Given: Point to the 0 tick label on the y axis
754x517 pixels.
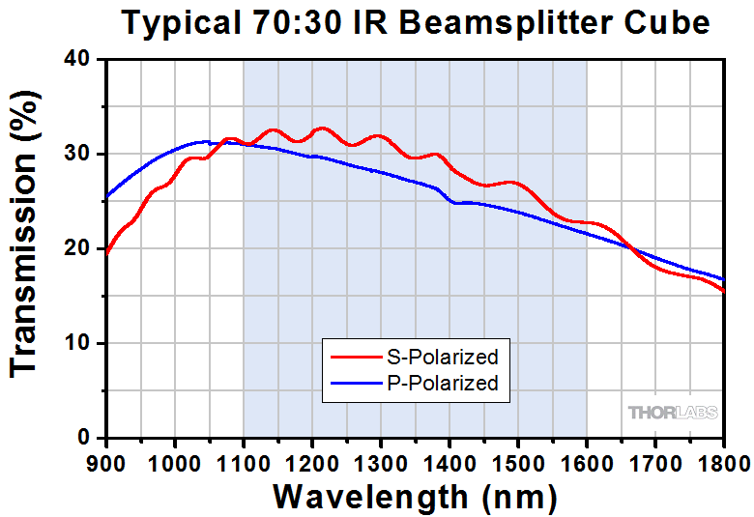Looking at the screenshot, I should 84,439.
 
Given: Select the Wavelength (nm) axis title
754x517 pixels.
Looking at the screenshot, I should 415,496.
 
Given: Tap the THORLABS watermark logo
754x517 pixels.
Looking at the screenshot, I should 674,413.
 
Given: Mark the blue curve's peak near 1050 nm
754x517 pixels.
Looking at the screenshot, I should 204,141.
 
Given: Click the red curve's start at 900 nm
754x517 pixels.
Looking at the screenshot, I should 107,254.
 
